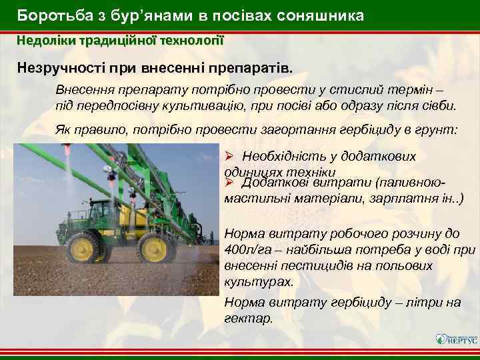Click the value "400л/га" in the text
click(245, 249)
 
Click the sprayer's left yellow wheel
click(83, 249)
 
